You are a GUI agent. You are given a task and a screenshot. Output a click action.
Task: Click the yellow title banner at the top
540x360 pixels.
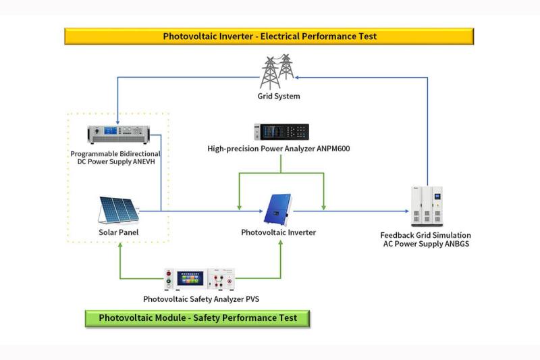click(x=269, y=36)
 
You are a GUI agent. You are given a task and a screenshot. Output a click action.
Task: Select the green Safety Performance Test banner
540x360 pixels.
click(x=197, y=318)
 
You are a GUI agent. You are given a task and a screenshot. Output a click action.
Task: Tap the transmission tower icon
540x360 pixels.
click(x=277, y=72)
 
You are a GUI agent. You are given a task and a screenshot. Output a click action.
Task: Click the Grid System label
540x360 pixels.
click(x=279, y=97)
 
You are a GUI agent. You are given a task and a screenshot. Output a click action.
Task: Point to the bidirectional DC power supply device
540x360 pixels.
click(x=117, y=134)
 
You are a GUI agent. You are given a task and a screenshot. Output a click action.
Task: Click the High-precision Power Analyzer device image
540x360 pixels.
click(x=281, y=132)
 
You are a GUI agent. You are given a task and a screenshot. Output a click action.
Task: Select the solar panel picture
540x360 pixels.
click(x=118, y=209)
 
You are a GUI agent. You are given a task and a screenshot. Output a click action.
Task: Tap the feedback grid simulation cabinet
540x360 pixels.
click(x=429, y=205)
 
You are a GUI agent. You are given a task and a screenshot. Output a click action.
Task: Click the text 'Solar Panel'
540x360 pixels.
click(x=118, y=233)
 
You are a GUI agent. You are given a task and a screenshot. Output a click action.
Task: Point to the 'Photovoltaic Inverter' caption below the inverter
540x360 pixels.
click(x=278, y=233)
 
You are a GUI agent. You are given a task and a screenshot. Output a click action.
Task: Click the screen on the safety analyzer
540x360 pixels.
click(x=192, y=278)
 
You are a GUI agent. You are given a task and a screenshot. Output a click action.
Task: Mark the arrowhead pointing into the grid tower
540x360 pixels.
click(x=298, y=77)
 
